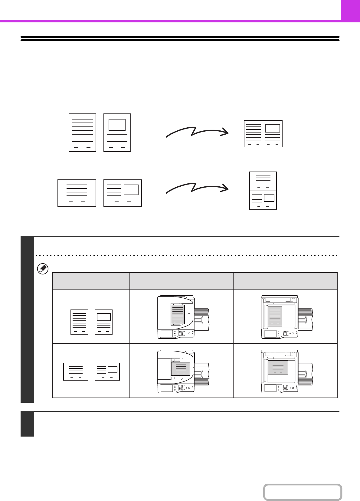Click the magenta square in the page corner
350,10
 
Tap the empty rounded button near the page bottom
303,492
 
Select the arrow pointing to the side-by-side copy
197,132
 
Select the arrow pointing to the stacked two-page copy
197,188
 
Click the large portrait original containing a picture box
117,133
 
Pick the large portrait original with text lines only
82,133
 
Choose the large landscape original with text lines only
77,193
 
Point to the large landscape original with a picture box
123,193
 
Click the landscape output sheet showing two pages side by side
263,134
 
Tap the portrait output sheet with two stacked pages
263,191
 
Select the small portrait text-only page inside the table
79,322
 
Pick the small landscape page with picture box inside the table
107,372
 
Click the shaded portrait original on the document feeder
178,314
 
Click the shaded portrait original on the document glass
275,316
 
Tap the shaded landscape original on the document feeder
181,369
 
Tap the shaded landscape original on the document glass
278,368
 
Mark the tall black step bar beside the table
27,319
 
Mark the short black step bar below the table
27,424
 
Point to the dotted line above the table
186,255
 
